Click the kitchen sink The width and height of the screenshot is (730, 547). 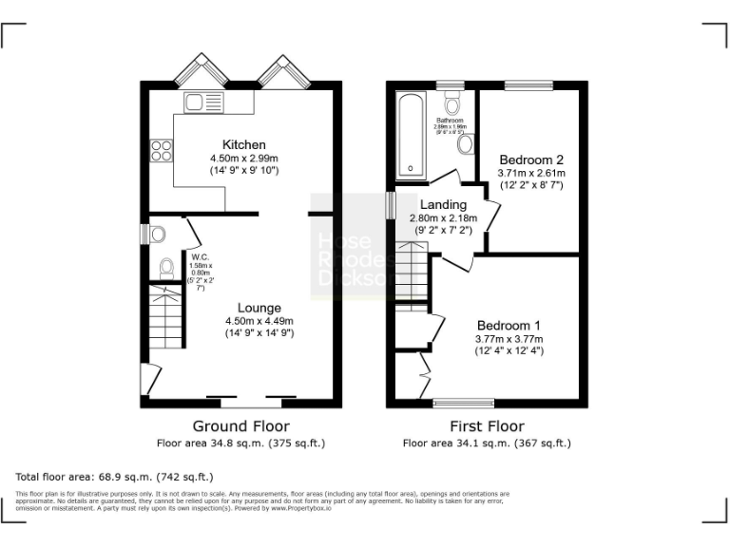tap(204, 102)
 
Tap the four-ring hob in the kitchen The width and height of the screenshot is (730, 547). tap(161, 150)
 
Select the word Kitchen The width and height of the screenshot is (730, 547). tap(233, 144)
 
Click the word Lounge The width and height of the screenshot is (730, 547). tap(259, 308)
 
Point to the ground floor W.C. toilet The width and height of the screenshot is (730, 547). tap(166, 269)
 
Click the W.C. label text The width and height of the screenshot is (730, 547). tap(200, 255)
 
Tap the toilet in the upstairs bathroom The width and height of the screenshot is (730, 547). tap(451, 103)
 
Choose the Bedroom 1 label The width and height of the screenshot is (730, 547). tap(509, 323)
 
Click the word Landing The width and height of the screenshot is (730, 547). tap(444, 204)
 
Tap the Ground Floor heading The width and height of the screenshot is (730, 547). tap(240, 426)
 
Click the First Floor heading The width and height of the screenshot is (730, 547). tap(487, 426)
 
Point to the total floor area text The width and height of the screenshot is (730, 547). tap(115, 476)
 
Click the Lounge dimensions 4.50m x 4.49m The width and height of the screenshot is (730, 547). tap(259, 321)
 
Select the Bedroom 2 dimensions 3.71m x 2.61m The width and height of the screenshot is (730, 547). tap(532, 174)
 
